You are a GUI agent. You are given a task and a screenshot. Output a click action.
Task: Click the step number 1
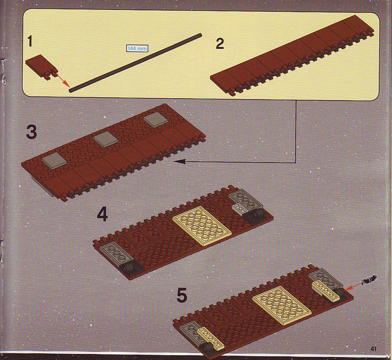tap(30, 41)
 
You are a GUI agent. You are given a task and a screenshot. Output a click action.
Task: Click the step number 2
tap(220, 44)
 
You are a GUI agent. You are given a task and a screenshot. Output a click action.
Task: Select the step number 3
tap(31, 133)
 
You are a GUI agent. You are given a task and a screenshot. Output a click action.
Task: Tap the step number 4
tap(102, 215)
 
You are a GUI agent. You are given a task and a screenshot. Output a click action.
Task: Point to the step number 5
tap(182, 295)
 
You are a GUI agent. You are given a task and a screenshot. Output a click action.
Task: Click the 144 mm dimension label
tap(137, 48)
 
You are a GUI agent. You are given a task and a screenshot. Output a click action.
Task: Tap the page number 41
tap(373, 349)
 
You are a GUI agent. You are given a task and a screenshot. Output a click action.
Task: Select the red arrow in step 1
tap(63, 80)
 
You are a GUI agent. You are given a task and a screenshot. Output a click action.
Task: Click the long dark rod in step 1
tap(135, 63)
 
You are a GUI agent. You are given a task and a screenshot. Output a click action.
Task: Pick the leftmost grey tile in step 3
tap(54, 161)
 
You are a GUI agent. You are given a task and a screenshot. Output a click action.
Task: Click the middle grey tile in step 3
tap(106, 138)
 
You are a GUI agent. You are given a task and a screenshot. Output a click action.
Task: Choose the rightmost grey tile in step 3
tap(155, 120)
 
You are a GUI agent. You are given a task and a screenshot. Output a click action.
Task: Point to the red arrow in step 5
tap(353, 287)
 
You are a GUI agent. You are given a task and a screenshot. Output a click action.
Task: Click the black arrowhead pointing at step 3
tap(178, 162)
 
